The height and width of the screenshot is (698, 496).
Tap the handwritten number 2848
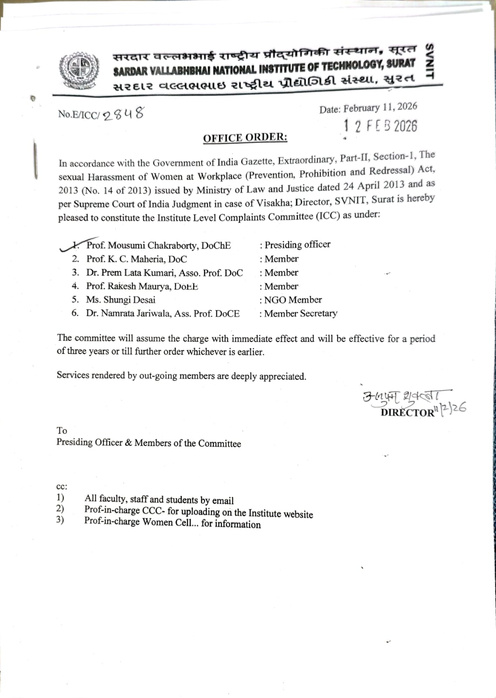point(123,114)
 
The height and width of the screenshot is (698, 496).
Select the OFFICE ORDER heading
point(245,138)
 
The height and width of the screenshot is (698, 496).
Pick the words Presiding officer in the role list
point(298,244)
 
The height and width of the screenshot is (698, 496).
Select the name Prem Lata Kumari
point(137,273)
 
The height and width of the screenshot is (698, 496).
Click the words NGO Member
point(293,300)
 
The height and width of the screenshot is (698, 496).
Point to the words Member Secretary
point(301,313)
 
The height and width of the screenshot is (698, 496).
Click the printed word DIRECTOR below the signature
point(407,412)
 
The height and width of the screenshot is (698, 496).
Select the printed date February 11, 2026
point(380,108)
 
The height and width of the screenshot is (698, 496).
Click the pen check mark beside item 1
point(70,246)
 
